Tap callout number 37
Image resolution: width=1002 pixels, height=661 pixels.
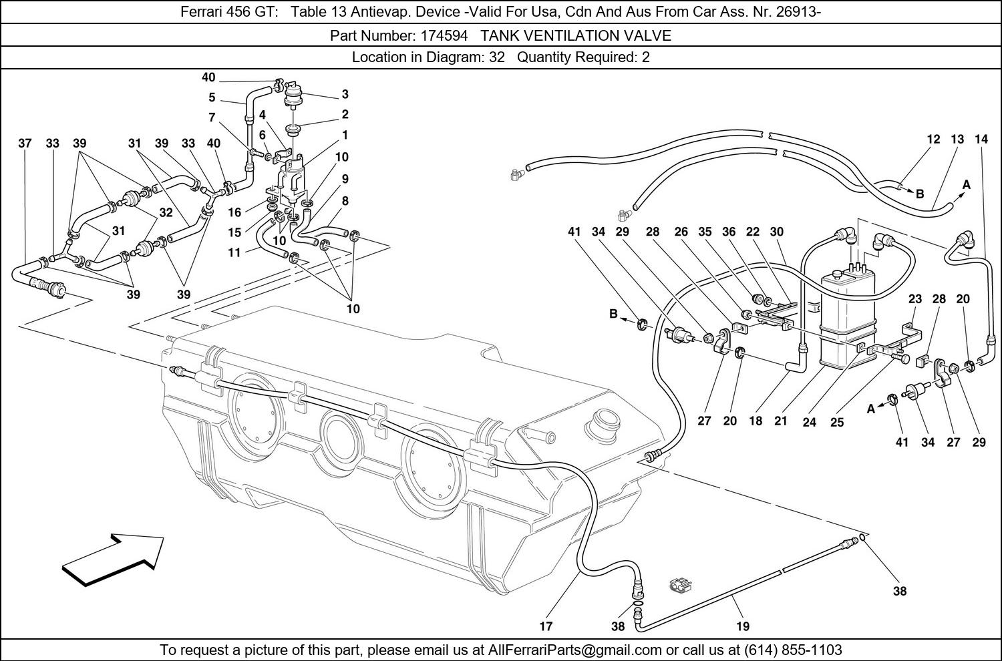pyautogui.click(x=25, y=144)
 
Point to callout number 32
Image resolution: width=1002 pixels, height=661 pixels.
pyautogui.click(x=166, y=213)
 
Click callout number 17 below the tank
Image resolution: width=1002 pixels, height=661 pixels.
pyautogui.click(x=546, y=626)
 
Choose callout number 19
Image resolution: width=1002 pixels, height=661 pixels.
pyautogui.click(x=743, y=626)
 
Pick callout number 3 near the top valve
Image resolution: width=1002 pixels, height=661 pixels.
pyautogui.click(x=345, y=94)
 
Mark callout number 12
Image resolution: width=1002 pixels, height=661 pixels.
pyautogui.click(x=934, y=140)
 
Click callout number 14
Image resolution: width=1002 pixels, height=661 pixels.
pyautogui.click(x=981, y=140)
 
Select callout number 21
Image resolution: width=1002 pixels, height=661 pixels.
pyautogui.click(x=781, y=421)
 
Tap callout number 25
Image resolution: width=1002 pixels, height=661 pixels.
pyautogui.click(x=837, y=422)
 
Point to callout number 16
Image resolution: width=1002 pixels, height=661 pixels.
pyautogui.click(x=234, y=213)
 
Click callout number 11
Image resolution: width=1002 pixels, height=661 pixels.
pyautogui.click(x=234, y=253)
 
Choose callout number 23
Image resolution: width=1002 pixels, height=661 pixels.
pyautogui.click(x=915, y=299)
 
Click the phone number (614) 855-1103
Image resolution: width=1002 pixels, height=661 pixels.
pyautogui.click(x=794, y=650)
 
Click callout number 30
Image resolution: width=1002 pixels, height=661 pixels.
pyautogui.click(x=776, y=232)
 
